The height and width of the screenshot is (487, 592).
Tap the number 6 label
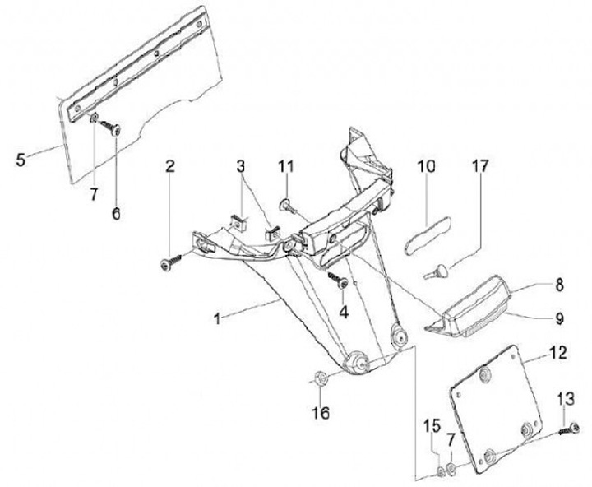pyautogui.click(x=115, y=213)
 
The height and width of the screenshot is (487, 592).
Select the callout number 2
pyautogui.click(x=169, y=167)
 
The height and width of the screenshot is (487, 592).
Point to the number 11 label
pyautogui.click(x=285, y=166)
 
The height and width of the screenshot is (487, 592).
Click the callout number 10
pyautogui.click(x=425, y=167)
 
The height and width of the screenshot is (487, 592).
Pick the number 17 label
pyautogui.click(x=479, y=167)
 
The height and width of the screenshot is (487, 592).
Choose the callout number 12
pyautogui.click(x=558, y=355)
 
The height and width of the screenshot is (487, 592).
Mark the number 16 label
pyautogui.click(x=321, y=411)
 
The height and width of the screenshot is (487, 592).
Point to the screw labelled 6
pyautogui.click(x=112, y=129)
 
